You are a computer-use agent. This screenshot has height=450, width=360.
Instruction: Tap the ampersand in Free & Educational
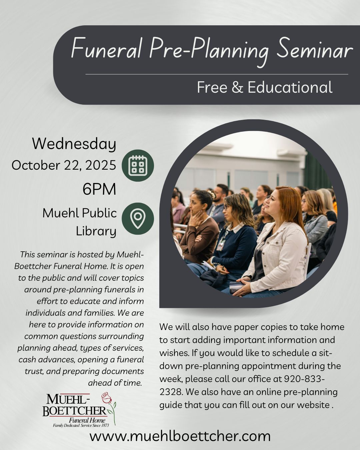click(x=237, y=87)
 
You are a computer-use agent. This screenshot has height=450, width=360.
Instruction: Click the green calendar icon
click(x=138, y=165)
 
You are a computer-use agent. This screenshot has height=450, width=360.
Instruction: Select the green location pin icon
click(x=138, y=219)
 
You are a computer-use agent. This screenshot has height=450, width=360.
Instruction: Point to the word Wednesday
click(x=74, y=144)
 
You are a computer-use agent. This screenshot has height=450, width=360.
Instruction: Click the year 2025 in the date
click(x=101, y=165)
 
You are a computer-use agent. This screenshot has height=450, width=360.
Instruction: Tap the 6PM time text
click(x=99, y=189)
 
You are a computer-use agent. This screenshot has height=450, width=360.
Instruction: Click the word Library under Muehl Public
click(x=96, y=231)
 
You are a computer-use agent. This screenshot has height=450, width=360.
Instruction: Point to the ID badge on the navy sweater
click(x=221, y=245)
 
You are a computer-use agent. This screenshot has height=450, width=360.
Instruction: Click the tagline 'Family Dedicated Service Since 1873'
click(x=81, y=425)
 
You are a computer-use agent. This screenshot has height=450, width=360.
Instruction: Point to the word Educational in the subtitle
click(x=290, y=87)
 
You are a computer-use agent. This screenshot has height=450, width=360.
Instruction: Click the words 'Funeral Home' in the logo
click(x=87, y=420)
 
